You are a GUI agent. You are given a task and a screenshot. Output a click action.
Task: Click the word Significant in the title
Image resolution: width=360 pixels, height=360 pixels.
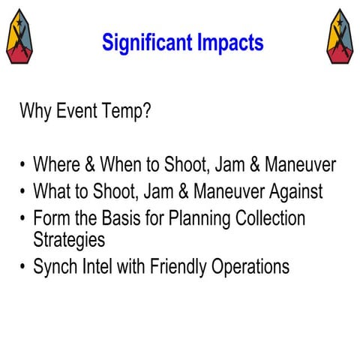tap(147, 43)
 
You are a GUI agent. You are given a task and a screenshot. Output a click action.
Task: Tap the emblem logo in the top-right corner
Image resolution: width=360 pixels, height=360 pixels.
tap(340, 37)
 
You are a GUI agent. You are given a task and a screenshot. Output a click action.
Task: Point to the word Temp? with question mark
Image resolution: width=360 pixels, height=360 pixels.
tap(128, 113)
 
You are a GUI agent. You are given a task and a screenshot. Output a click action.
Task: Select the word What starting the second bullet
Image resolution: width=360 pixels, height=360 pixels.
tap(53, 192)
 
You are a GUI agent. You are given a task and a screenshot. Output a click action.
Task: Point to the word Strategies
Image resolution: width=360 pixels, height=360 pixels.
tap(69, 241)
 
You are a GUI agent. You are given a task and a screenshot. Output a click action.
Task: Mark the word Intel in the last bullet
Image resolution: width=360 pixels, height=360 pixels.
tap(100, 267)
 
